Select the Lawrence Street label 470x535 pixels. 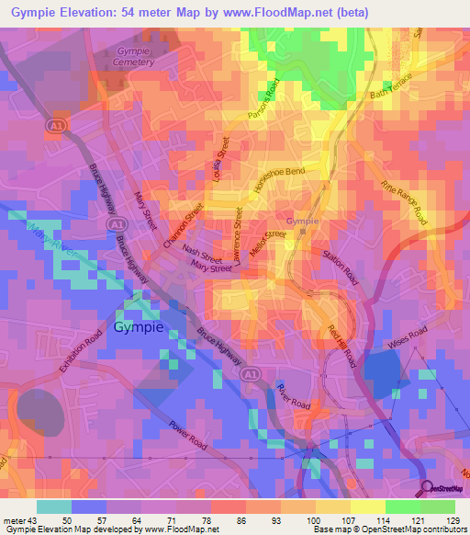239,241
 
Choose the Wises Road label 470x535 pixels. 409,336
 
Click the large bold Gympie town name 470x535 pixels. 138,327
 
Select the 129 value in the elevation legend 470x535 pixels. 451,519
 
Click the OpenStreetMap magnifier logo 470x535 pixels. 428,488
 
